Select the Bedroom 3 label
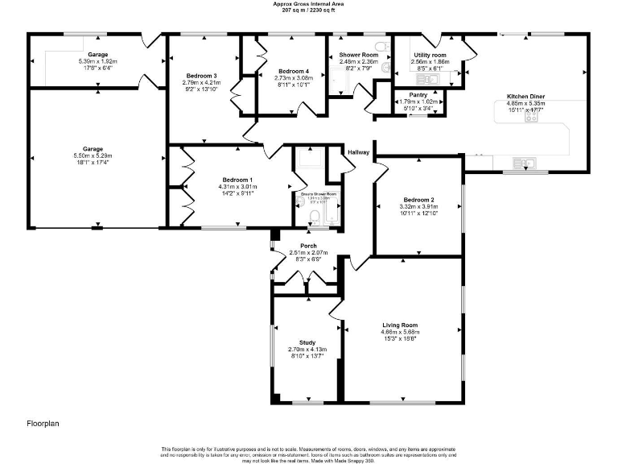[x=200, y=76]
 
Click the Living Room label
[x=400, y=325]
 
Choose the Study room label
[x=307, y=342]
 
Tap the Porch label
[x=308, y=246]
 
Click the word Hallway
[x=359, y=152]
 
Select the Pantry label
[x=418, y=95]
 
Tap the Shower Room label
[x=358, y=55]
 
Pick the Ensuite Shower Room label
[x=319, y=194]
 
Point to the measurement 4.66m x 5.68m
[x=400, y=332]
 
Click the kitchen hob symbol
[x=532, y=116]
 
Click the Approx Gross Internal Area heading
[x=307, y=3]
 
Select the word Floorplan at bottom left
[x=43, y=422]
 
